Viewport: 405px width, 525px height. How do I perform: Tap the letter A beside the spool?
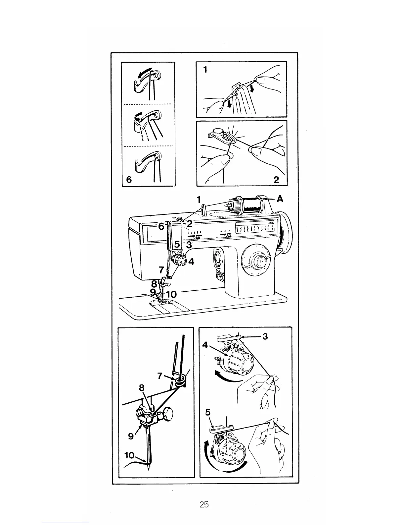point(280,199)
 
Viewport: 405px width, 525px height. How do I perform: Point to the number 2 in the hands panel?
point(276,179)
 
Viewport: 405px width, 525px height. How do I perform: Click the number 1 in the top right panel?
point(205,70)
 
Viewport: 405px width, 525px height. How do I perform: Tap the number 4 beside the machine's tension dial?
point(191,262)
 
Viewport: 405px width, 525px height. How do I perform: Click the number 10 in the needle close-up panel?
point(129,455)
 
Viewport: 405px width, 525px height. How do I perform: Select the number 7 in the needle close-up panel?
point(160,376)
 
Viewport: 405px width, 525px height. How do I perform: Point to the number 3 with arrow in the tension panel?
point(265,336)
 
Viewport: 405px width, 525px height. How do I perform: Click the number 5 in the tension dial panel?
point(208,412)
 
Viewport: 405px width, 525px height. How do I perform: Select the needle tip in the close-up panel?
point(149,469)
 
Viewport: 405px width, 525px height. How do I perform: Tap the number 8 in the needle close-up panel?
point(142,388)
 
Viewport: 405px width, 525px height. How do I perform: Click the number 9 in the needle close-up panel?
point(131,436)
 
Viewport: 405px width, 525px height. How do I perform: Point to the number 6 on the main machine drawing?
point(161,226)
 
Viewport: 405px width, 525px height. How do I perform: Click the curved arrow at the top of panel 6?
point(144,73)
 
